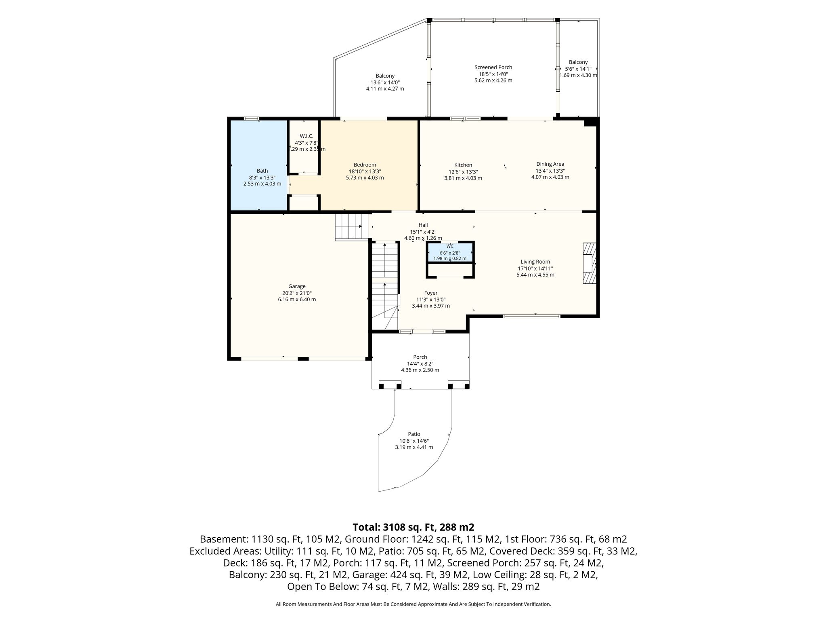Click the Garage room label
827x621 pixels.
tap(297, 287)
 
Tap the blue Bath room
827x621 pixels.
tap(258, 165)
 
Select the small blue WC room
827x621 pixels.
tap(450, 252)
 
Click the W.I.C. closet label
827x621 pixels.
tap(306, 136)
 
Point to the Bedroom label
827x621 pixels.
tap(365, 165)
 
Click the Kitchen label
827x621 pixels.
tap(463, 165)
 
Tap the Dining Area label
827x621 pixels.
tap(550, 164)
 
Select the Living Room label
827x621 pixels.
tap(535, 262)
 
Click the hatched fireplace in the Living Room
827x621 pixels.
tap(590, 263)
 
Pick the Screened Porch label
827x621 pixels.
tap(493, 68)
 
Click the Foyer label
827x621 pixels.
tap(431, 293)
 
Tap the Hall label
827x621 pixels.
tap(423, 225)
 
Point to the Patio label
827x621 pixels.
tap(414, 434)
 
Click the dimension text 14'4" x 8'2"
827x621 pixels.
tap(420, 363)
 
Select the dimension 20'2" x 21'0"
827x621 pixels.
tap(297, 293)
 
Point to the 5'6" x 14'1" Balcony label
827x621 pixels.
tap(578, 69)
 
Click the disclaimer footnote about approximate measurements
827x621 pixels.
tap(413, 604)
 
